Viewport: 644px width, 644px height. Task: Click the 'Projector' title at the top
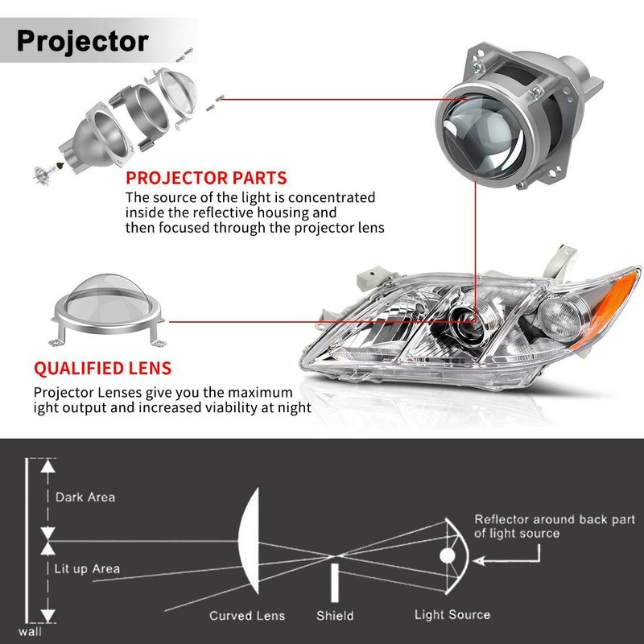pyautogui.click(x=82, y=39)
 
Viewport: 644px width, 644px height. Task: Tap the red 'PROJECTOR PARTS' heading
pyautogui.click(x=205, y=178)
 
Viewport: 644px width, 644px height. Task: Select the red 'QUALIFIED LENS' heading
pyautogui.click(x=102, y=369)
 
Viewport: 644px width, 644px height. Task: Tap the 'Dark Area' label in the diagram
pyautogui.click(x=85, y=497)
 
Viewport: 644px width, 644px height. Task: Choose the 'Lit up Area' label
pyautogui.click(x=88, y=568)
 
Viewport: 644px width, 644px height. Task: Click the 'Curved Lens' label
pyautogui.click(x=247, y=615)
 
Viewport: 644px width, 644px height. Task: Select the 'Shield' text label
pyautogui.click(x=335, y=615)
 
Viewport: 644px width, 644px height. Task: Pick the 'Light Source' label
pyautogui.click(x=452, y=614)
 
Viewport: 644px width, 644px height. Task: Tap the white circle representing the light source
pyautogui.click(x=448, y=555)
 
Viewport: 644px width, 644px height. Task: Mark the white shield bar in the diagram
pyautogui.click(x=334, y=584)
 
